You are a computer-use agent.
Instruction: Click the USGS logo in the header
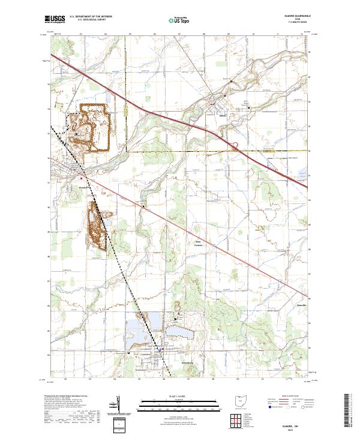point(53,19)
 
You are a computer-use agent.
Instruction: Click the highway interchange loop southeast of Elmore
point(235,145)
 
